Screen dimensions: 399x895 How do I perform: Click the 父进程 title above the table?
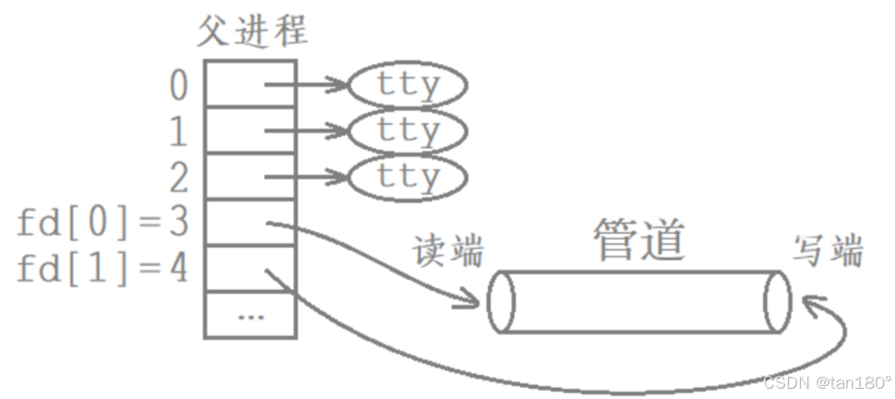252,31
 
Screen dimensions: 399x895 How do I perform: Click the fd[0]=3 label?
102,223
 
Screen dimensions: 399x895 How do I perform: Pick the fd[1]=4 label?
102,268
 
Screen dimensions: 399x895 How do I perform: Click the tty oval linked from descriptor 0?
407,86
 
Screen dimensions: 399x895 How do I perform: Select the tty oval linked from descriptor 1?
407,131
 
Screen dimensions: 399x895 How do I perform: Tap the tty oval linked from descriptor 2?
407,177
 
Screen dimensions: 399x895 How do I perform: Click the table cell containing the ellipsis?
251,314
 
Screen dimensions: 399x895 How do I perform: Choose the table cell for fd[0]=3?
251,223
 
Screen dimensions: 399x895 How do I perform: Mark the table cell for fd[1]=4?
251,268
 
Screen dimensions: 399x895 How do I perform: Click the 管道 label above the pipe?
639,241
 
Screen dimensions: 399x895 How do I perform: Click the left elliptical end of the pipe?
500,301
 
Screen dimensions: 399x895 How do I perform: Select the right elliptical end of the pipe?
778,301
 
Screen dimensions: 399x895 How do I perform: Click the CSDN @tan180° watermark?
826,382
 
